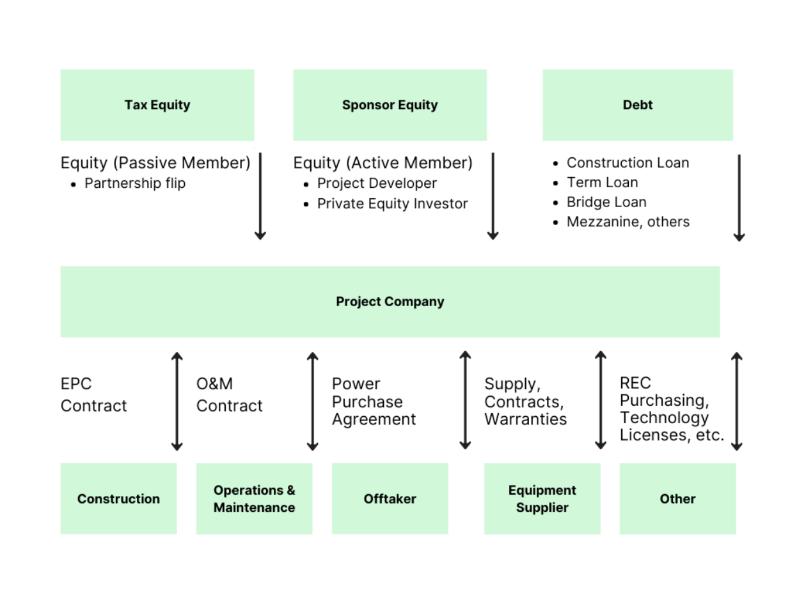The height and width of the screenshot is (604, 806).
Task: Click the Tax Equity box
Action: coord(157,105)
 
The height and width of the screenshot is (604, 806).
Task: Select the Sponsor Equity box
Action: coord(390,105)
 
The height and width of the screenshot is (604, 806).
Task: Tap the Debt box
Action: coord(637,105)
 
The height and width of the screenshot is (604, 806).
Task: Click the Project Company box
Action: coord(390,302)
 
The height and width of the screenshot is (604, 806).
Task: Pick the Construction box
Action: coord(118,499)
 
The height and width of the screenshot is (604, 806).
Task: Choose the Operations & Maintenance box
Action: coord(254,499)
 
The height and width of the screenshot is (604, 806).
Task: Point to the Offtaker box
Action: coord(390,499)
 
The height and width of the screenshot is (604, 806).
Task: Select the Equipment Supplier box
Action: coord(542,499)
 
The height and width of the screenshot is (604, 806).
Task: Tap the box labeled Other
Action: coord(677,499)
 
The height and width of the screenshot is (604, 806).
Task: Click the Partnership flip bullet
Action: coord(135,183)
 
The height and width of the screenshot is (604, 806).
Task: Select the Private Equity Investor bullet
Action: coord(392,204)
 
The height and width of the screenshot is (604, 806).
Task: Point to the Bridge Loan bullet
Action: coord(606,202)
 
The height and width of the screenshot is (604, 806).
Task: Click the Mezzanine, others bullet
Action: coord(628,222)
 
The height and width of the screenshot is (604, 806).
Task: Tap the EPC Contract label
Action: coord(93,395)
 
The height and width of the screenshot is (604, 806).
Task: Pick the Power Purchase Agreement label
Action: coord(374,401)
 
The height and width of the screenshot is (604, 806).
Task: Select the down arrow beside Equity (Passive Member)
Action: coord(260,196)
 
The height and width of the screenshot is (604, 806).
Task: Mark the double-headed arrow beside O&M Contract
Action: coord(312,401)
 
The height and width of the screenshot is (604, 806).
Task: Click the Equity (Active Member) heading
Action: coord(383,163)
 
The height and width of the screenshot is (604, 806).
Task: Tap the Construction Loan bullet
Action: coord(628,163)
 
